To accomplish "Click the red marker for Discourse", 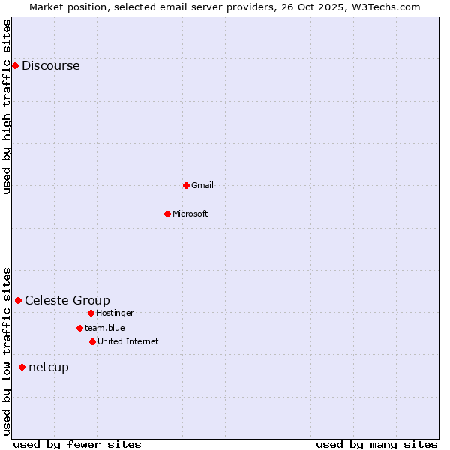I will coord(15,66).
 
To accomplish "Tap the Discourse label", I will coord(50,66).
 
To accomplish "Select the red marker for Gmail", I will coord(186,185).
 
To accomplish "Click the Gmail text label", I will coord(202,185).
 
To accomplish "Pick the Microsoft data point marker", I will coord(167,214).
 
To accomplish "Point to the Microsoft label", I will coord(190,214).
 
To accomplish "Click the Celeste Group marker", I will coord(18,300).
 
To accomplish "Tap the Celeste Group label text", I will coord(67,301).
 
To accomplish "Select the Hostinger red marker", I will coord(91,313).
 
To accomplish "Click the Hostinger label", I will coord(115,313).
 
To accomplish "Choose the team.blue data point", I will coord(79,328).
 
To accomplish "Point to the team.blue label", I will coord(105,328).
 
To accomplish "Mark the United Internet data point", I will coord(92,341).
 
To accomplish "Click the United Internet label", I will coord(128,341).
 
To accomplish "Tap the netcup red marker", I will coord(22,367).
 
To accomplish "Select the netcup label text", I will coord(49,367).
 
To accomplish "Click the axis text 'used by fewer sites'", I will coord(77,444).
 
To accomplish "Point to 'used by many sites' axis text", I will coord(376,444).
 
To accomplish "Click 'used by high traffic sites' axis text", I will coord(7,106).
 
